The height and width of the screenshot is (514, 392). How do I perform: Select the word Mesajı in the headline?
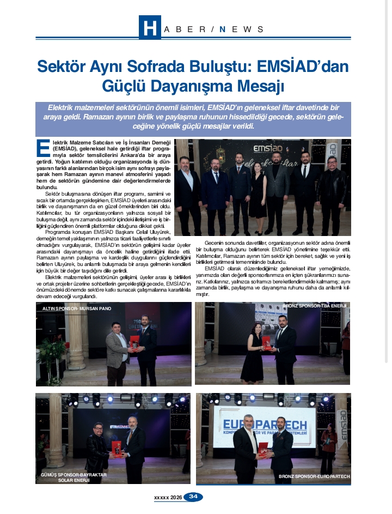[259, 86]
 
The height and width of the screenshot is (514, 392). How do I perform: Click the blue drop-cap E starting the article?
[43, 148]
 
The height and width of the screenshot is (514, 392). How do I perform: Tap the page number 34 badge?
[194, 497]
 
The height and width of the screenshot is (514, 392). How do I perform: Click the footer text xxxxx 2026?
[168, 497]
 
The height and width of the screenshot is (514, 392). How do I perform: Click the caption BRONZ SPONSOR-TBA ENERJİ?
[315, 306]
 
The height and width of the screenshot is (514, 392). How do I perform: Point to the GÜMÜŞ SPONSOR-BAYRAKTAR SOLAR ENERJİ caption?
[73, 477]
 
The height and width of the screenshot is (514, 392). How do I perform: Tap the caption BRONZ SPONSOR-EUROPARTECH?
[314, 476]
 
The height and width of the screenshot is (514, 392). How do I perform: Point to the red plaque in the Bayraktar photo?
[115, 448]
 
